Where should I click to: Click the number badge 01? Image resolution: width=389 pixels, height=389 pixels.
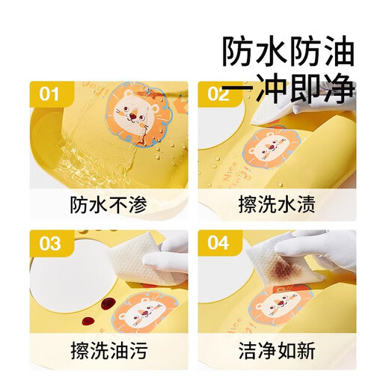[x=49, y=94]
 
